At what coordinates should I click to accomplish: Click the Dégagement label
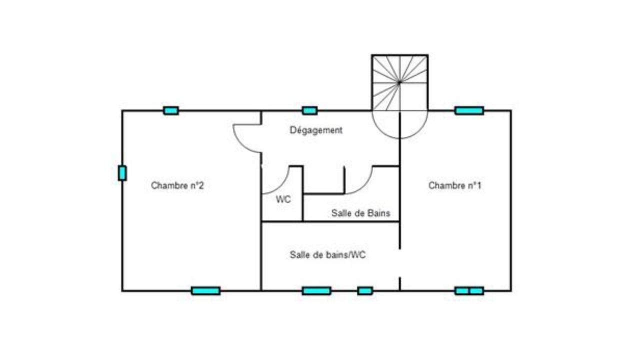pos(316,130)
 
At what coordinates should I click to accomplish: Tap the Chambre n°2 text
pos(177,185)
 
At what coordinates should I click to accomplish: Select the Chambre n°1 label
pos(455,185)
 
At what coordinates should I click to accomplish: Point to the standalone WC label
pos(283,199)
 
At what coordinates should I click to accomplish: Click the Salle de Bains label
pos(361,213)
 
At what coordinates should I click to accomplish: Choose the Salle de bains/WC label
pos(327,254)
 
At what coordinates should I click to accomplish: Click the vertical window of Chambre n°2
pos(122,173)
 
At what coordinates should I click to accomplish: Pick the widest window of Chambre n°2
pos(205,291)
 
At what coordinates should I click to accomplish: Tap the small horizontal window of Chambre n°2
pos(171,110)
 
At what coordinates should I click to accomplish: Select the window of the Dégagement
pos(309,110)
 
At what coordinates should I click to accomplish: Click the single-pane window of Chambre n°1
pos(469,110)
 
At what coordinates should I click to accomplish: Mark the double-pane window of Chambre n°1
pos(469,291)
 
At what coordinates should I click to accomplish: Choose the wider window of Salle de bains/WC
pos(316,291)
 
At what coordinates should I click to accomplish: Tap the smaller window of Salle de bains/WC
pos(365,291)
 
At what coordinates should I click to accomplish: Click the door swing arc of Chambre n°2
pos(241,144)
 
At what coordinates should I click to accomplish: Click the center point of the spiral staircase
pos(399,82)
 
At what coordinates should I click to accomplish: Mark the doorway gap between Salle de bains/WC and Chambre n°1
pos(399,263)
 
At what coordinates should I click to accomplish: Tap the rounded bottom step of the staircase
pos(399,138)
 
